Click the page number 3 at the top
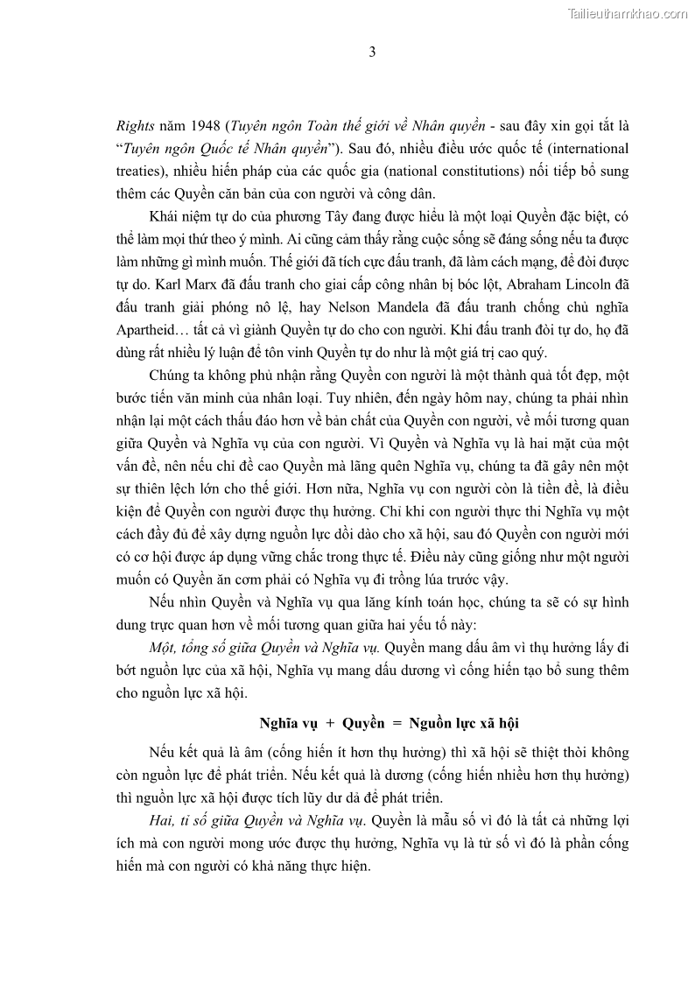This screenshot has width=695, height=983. (372, 52)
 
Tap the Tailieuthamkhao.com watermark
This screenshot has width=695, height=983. (628, 13)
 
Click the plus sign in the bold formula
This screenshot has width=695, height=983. (329, 723)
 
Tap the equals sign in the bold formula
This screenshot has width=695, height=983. (396, 723)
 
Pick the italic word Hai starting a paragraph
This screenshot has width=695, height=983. (161, 821)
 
